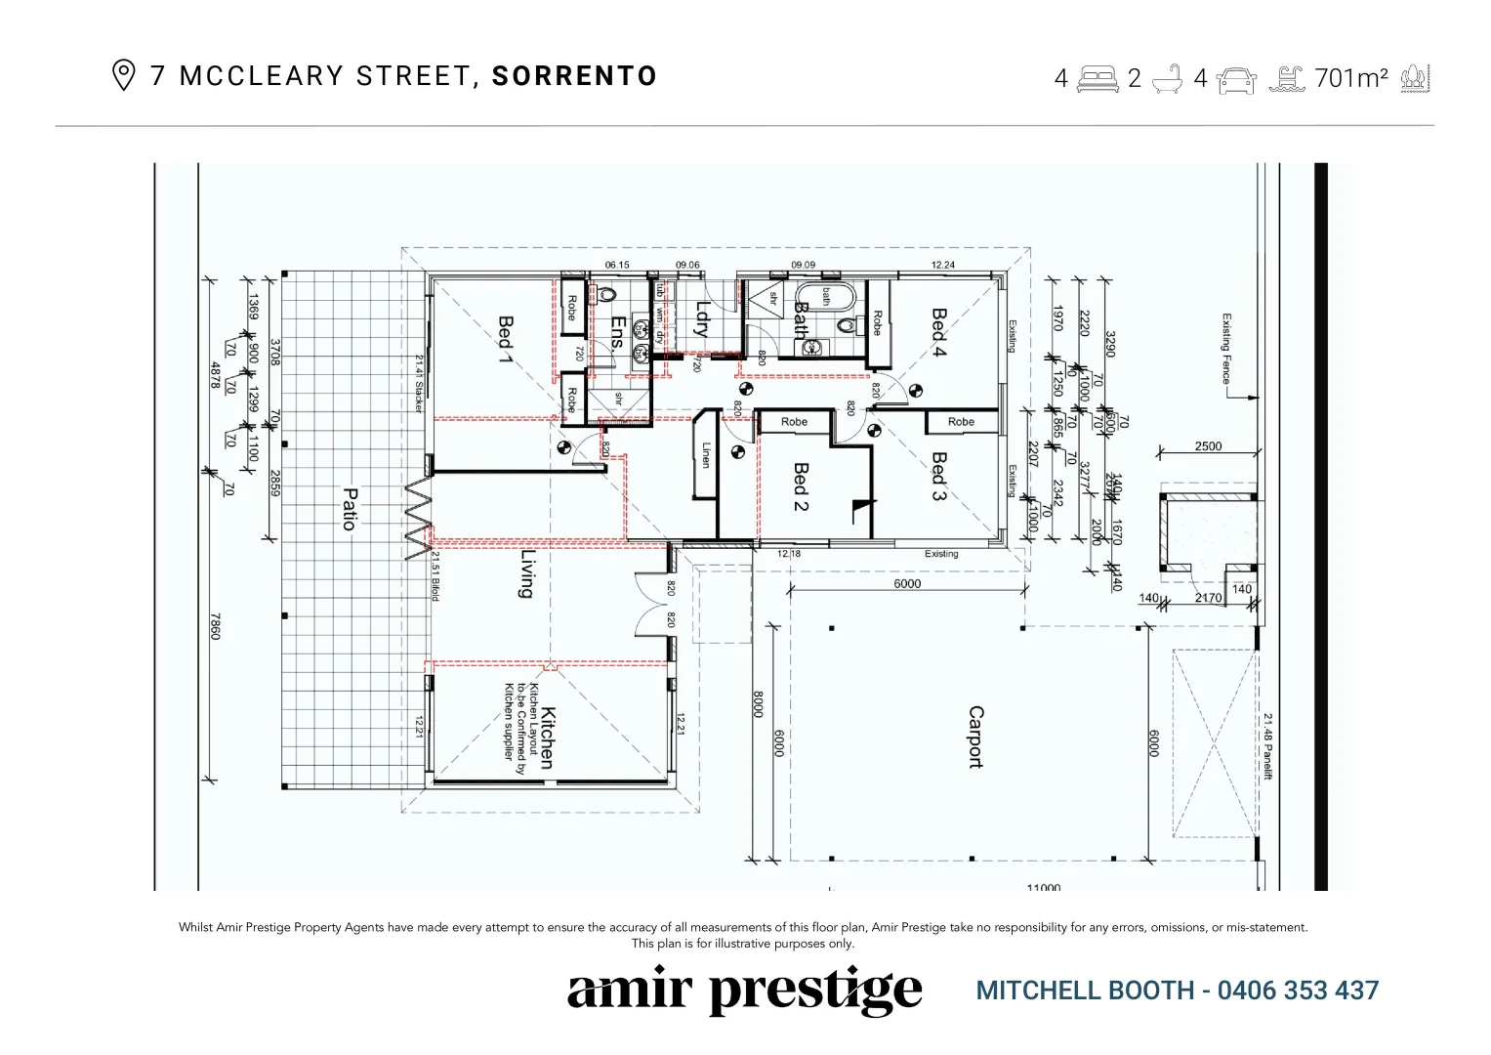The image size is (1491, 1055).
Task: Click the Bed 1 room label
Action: click(506, 337)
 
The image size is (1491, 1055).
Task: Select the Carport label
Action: click(975, 738)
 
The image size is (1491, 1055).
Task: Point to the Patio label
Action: click(349, 508)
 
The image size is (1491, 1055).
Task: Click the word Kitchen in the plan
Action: click(547, 738)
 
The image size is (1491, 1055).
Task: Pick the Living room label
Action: click(528, 573)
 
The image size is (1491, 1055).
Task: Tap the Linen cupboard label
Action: click(706, 455)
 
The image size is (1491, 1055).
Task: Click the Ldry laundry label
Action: click(701, 319)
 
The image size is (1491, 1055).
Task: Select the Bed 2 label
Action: click(801, 486)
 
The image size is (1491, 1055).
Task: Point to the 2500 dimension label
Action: click(1208, 446)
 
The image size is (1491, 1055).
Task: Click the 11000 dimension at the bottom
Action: click(1044, 887)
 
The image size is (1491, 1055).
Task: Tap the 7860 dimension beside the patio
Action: click(216, 626)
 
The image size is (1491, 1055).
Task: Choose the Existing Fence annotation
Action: click(1226, 349)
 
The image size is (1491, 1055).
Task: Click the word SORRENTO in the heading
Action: click(574, 76)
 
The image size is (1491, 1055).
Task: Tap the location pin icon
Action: click(123, 76)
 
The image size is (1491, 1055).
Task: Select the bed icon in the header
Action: click(1098, 78)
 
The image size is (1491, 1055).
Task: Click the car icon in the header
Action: click(1237, 78)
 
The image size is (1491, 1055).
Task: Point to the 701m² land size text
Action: click(1351, 78)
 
